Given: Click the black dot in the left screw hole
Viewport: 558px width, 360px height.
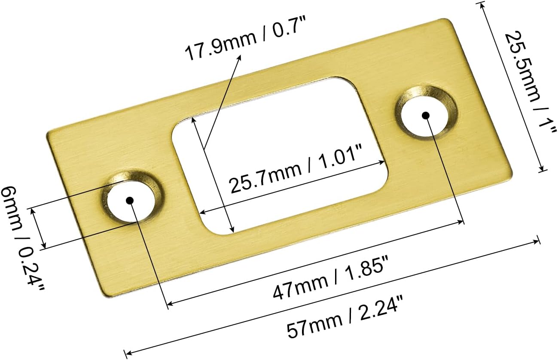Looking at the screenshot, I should (130, 200).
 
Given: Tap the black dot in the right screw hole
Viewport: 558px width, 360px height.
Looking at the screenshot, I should (425, 115).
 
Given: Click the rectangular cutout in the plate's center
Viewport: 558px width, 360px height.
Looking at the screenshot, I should (279, 155).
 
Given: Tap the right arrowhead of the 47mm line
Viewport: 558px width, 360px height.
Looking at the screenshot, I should (461, 223).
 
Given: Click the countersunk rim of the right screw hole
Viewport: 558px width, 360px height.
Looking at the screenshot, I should (447, 103).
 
